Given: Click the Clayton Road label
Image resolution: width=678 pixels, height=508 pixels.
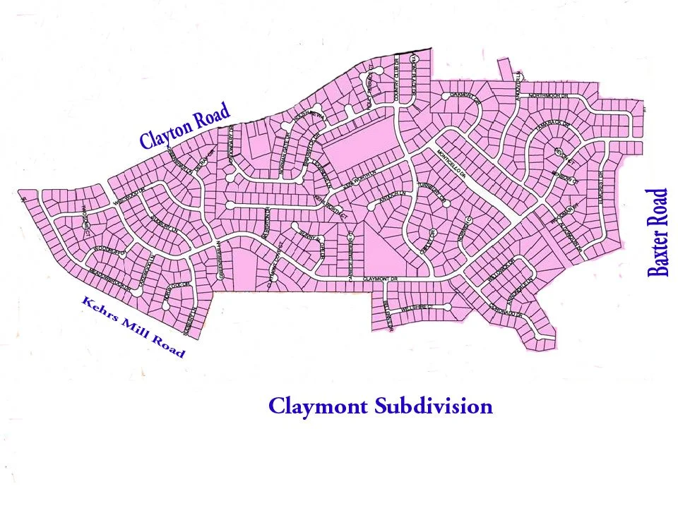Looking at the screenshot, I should pyautogui.click(x=186, y=126).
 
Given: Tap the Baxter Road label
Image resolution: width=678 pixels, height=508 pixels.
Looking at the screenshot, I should pyautogui.click(x=658, y=232).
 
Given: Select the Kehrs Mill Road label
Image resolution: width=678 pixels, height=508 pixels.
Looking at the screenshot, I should pyautogui.click(x=133, y=327).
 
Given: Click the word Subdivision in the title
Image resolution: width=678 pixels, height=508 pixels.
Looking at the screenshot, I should pyautogui.click(x=434, y=406).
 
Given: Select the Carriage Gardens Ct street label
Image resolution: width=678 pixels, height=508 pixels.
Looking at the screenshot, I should pyautogui.click(x=351, y=248).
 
